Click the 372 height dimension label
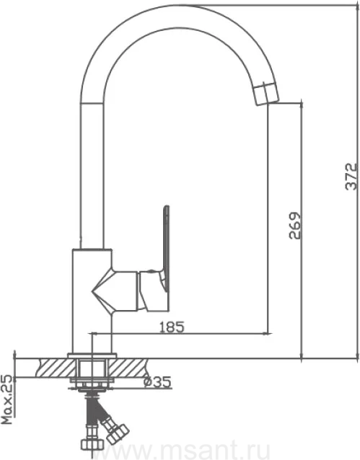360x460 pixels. click(x=351, y=177)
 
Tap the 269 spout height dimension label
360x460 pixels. click(x=295, y=225)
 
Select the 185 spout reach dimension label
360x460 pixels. click(x=172, y=327)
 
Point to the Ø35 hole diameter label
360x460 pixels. click(x=157, y=381)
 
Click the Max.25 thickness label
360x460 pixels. click(x=7, y=399)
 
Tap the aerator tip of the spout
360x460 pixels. click(x=265, y=94)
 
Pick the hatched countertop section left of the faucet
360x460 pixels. click(x=56, y=368)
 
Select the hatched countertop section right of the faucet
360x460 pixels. click(x=128, y=368)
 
